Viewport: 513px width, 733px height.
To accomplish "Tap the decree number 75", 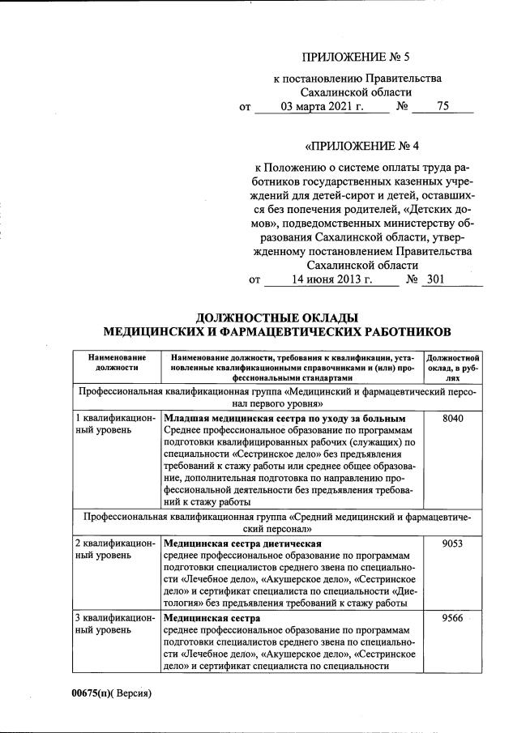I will pos(442,106).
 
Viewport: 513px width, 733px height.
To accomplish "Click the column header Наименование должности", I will pos(117,361).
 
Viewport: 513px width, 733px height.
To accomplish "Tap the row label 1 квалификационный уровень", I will pos(114,424).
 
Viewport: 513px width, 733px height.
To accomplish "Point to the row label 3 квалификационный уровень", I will pos(114,625).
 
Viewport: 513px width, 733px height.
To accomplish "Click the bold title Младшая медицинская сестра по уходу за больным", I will pos(284,418).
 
